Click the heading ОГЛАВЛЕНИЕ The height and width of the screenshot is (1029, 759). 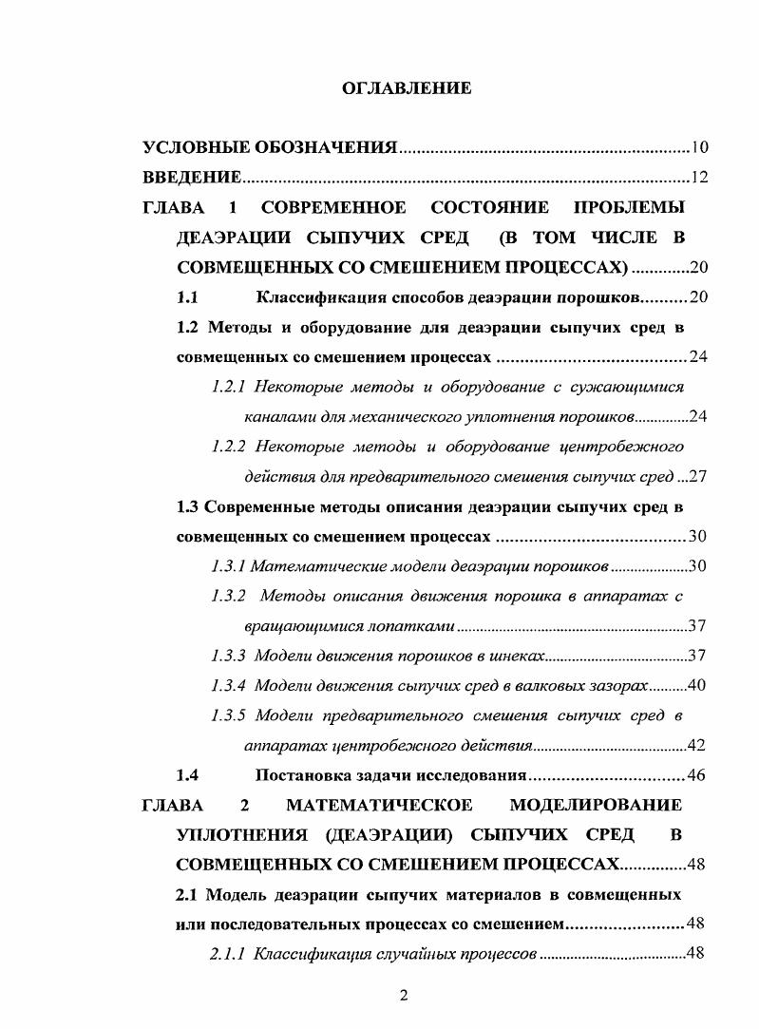coord(407,89)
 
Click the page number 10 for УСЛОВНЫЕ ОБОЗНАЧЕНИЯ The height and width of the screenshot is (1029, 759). coord(699,147)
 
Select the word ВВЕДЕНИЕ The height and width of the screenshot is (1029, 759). coord(191,177)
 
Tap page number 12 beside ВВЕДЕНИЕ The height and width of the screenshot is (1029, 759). coord(699,177)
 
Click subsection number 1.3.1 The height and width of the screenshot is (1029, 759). coord(228,566)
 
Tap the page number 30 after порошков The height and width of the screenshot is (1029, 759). coord(696,566)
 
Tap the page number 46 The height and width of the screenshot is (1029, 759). coord(695,775)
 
